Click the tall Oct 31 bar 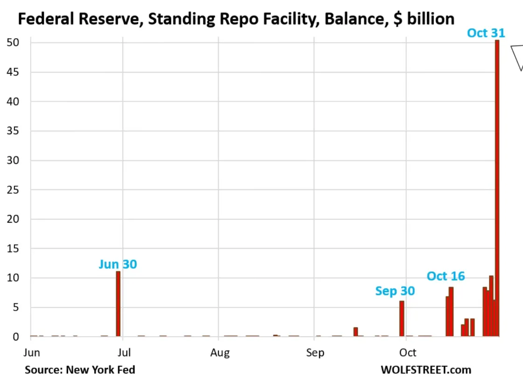[497, 187]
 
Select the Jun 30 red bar [118, 303]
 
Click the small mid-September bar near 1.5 [356, 332]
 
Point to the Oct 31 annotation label [486, 33]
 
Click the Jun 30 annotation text [118, 264]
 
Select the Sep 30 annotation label [395, 291]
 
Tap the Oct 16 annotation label [446, 276]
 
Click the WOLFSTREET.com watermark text [425, 370]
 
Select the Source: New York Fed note [80, 370]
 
